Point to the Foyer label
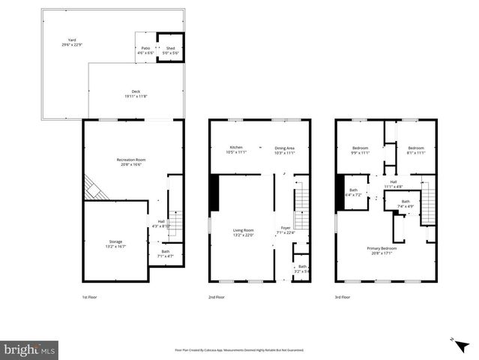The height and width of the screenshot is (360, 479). coord(286,229)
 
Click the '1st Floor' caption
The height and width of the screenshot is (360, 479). coord(89,298)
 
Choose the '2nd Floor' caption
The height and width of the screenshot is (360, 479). coord(217,298)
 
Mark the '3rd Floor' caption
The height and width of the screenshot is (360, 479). coord(343,298)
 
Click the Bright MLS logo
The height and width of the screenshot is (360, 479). coord(30,349)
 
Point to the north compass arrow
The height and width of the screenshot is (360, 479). coord(453,340)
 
